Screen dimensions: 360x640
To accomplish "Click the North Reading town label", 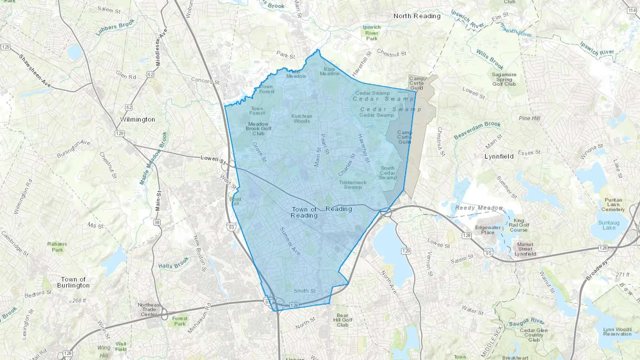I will point(417,16).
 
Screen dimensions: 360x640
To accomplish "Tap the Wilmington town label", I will point(138,119).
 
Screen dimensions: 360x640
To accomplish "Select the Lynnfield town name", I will point(499,156).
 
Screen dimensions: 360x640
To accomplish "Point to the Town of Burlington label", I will point(73,282).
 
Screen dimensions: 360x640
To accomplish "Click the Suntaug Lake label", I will point(608,225).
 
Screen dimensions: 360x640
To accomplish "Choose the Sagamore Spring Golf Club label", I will point(504,79).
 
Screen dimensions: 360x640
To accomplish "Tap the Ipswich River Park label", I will point(372,33).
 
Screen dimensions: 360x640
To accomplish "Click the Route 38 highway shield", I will point(157,222).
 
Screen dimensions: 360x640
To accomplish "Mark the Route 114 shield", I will point(632,11).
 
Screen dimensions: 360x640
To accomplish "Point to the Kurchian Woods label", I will point(302,118).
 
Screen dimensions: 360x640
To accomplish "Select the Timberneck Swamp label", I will point(352,184).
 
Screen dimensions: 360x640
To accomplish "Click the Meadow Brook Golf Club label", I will point(258,129).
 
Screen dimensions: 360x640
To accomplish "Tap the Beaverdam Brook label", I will point(477,130).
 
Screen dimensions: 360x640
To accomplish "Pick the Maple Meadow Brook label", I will point(153,158).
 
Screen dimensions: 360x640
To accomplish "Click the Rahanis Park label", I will point(57,247).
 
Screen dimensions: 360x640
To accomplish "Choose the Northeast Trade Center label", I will point(149,310).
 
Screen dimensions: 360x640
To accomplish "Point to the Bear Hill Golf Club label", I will point(342,320).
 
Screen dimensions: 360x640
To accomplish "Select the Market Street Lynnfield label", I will point(525,249).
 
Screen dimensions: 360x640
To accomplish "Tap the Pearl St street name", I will point(325,144).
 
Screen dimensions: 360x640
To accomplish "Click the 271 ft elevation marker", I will point(623,275).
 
